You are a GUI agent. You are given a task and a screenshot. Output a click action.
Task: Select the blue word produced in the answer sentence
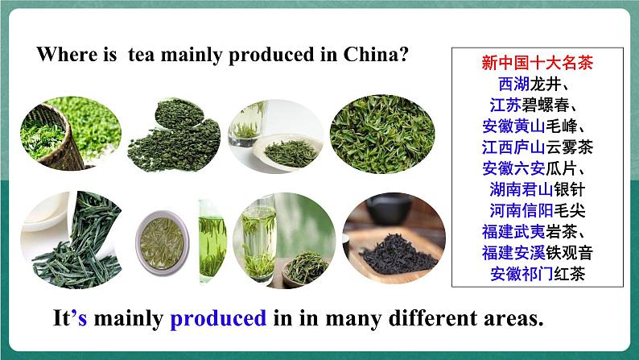point(218,319)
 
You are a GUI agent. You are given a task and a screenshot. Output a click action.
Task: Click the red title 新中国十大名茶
point(537,63)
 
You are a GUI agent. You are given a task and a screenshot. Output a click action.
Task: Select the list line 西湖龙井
point(534,84)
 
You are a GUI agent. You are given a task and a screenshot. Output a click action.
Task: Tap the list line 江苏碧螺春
point(534,106)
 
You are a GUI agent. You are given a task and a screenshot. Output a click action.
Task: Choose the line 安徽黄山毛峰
point(534,126)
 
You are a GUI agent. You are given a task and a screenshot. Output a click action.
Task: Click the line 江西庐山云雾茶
point(537,147)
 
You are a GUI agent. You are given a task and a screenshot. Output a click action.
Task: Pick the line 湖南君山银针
point(537,189)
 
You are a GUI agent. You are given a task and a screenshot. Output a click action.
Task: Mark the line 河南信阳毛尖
point(537,210)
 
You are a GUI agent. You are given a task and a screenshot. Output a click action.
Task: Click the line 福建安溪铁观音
point(537,253)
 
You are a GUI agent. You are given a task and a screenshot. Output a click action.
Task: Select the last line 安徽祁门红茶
point(537,274)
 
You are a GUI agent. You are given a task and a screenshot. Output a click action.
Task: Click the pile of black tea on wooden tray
point(398,254)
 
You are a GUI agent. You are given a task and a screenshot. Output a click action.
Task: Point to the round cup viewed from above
point(162,243)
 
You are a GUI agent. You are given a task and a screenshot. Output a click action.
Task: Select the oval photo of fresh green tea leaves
point(382,134)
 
